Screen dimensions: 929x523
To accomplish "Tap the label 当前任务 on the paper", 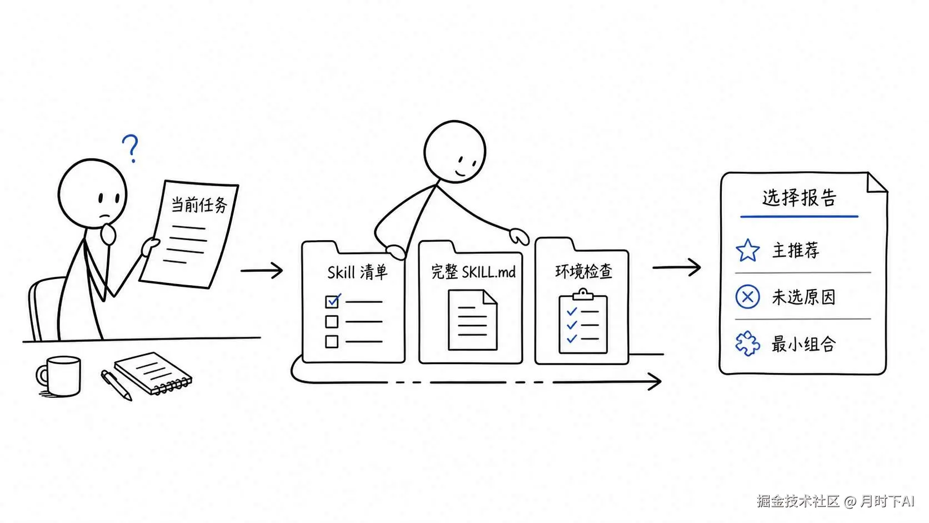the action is pos(199,205).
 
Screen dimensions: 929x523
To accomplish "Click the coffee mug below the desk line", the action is pos(59,376).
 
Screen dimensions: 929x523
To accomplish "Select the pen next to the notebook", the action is pos(117,385).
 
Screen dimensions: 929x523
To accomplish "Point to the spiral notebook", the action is pos(153,373).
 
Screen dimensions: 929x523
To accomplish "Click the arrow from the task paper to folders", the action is pos(262,271).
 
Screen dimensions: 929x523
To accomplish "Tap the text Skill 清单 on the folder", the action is pos(357,272).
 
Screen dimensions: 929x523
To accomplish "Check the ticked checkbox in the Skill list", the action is pos(332,301).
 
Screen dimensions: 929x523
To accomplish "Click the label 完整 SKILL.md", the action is pos(473,272).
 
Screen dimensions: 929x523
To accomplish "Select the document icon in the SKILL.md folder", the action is pos(473,320).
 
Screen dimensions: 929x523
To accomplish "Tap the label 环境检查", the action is pos(583,271).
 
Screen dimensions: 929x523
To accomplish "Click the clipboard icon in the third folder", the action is pos(583,321).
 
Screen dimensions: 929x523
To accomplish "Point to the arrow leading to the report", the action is pos(677,267).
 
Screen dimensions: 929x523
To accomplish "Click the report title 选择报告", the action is pos(799,197).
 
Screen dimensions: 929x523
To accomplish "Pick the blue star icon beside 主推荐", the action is pos(748,251).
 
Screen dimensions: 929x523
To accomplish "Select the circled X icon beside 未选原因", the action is pos(748,297).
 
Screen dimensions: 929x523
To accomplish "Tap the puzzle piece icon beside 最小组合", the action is pos(748,343).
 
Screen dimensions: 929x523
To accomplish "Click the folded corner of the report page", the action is pos(876,183).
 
